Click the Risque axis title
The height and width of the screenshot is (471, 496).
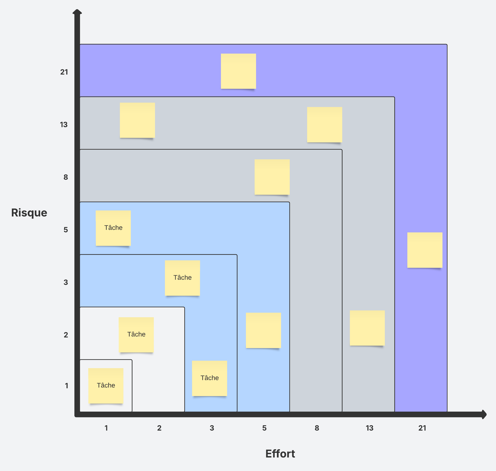pyautogui.click(x=29, y=213)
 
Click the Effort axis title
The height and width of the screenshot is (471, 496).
pyautogui.click(x=280, y=454)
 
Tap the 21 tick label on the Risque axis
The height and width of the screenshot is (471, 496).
pyautogui.click(x=64, y=72)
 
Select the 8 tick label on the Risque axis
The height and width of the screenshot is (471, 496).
pyautogui.click(x=66, y=177)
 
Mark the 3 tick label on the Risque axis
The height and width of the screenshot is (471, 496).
pyautogui.click(x=66, y=282)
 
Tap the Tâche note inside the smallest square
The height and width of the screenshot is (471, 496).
pyautogui.click(x=106, y=386)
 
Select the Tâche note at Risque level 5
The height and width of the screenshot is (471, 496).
pyautogui.click(x=113, y=228)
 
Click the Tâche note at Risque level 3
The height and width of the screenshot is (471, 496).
pyautogui.click(x=182, y=278)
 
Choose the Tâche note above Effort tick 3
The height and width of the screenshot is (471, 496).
pyautogui.click(x=209, y=378)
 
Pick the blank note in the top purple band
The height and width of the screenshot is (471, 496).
pyautogui.click(x=238, y=71)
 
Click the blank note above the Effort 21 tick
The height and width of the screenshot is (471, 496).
pyautogui.click(x=424, y=250)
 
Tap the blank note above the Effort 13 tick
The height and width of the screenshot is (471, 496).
pyautogui.click(x=367, y=328)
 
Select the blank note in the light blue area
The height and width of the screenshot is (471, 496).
pyautogui.click(x=263, y=330)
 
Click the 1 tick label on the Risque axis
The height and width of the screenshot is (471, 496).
pyautogui.click(x=67, y=386)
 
